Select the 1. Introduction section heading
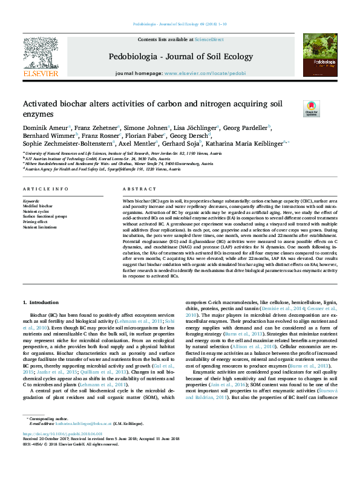coord(41,301)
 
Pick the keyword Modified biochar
coord(38,206)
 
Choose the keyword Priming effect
coord(36,221)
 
